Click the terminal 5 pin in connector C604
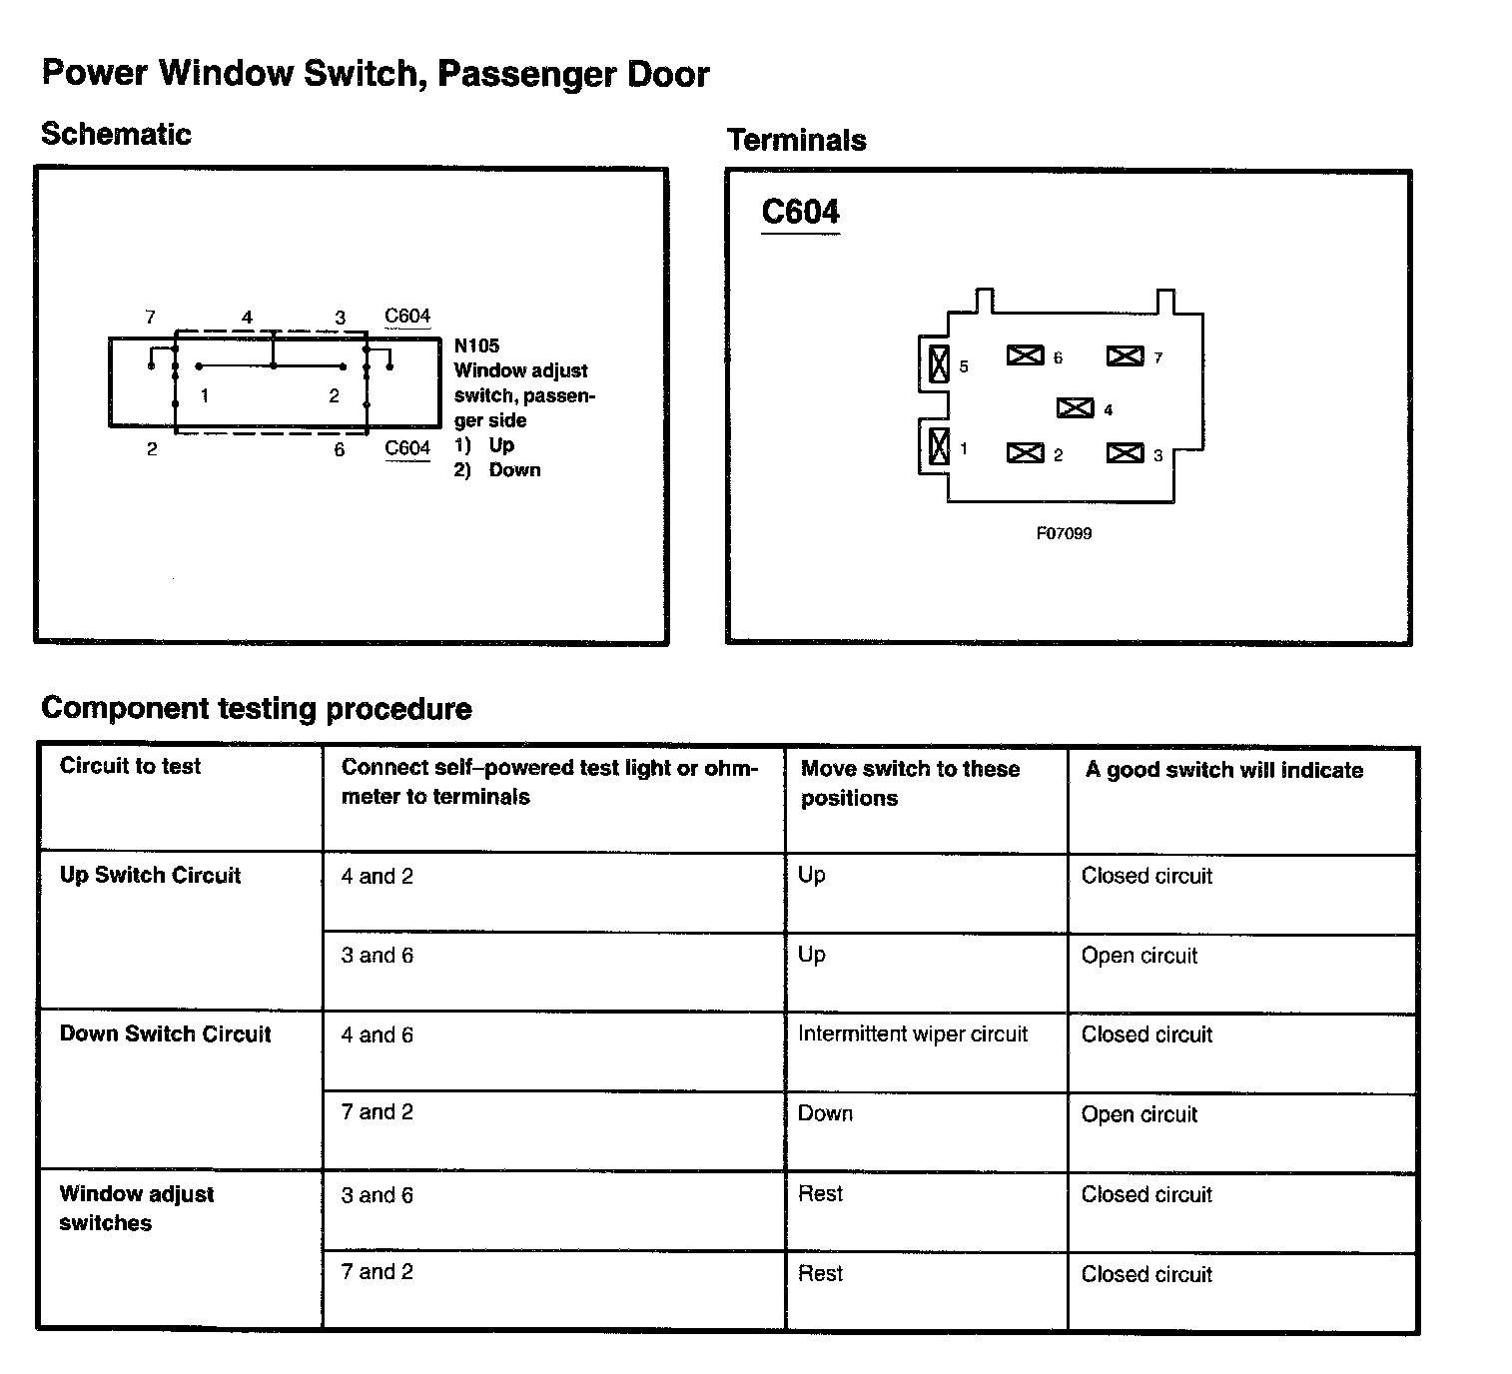coord(939,364)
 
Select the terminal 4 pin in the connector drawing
coord(1075,407)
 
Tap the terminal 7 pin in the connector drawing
coord(1125,355)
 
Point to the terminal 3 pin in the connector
coord(1125,453)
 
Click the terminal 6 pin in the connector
coord(1025,355)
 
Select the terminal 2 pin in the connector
coord(1025,453)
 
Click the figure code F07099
coord(1064,533)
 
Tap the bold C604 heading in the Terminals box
coord(800,212)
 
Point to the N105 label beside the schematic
coord(476,345)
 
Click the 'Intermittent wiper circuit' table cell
coord(913,1034)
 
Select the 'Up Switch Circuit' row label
coord(150,876)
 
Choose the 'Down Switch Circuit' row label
coord(165,1034)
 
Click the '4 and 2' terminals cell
coord(377,877)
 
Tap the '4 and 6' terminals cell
coord(377,1035)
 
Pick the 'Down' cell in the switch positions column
coord(825,1114)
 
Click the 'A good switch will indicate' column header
coord(1223,770)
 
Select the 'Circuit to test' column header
coord(130,766)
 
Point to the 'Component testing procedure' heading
coord(256,709)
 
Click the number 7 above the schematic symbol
coord(150,318)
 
